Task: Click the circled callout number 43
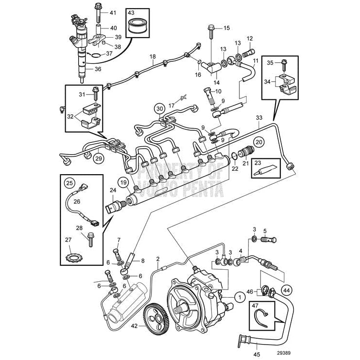[131, 12]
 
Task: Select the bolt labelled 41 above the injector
[98, 11]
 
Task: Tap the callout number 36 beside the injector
[98, 69]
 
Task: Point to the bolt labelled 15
[212, 30]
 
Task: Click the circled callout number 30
[159, 109]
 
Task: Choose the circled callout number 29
[98, 158]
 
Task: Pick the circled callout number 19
[123, 182]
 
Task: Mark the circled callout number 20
[259, 142]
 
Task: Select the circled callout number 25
[69, 184]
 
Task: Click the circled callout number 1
[238, 298]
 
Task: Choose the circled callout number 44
[287, 290]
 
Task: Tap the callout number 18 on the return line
[152, 57]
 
